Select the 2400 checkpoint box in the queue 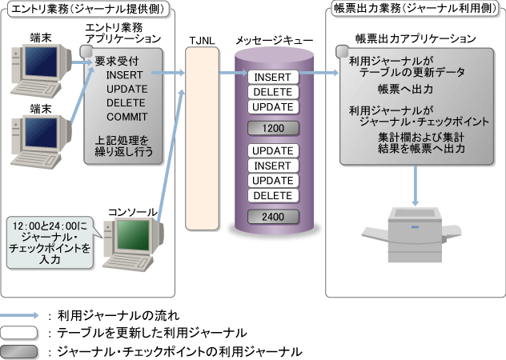(x=272, y=215)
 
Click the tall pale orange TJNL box (x=202, y=136)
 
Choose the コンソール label (x=132, y=210)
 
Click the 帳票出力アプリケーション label (x=416, y=39)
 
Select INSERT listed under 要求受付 (x=123, y=74)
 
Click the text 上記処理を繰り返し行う (x=124, y=143)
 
